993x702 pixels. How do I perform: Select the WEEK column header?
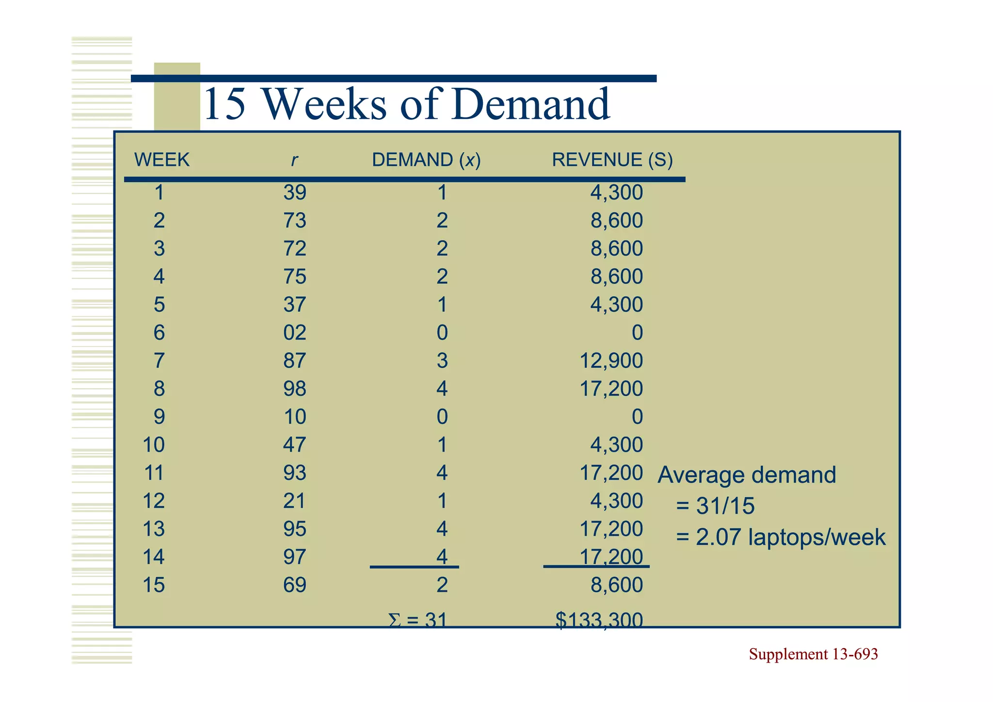(161, 160)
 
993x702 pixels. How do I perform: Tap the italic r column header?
(294, 160)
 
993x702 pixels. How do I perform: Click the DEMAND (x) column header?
(426, 160)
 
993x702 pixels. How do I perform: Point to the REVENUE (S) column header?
(612, 160)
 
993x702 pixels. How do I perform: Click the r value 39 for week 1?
(295, 193)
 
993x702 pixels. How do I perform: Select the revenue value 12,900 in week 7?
(611, 360)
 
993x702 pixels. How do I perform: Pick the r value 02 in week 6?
(295, 333)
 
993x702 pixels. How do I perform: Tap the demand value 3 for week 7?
(442, 360)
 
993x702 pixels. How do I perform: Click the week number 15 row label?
(154, 585)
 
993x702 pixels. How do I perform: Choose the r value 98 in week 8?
(295, 389)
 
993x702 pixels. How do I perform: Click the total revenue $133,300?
(599, 619)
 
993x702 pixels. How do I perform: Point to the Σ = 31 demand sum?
(417, 620)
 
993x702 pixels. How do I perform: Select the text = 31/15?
(715, 506)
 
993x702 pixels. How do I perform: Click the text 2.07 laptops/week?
(790, 537)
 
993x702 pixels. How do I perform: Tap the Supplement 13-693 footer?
(813, 654)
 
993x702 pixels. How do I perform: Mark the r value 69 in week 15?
(295, 585)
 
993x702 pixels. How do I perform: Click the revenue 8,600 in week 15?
(616, 585)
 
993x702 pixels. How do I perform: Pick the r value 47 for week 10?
(295, 445)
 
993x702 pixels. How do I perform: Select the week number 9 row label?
(159, 417)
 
